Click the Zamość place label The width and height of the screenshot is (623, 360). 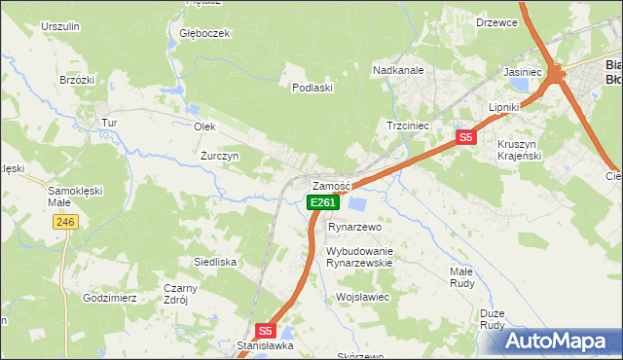329,186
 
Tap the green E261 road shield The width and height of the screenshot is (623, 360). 323,202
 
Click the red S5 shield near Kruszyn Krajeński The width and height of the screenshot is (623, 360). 466,137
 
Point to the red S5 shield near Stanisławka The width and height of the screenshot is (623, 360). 267,331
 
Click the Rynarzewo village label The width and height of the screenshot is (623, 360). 352,226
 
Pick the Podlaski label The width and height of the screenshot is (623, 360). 313,88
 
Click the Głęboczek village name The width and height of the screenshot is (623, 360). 204,33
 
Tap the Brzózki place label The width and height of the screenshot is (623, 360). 76,80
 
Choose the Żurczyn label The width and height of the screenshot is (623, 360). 220,156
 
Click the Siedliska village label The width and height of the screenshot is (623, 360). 215,262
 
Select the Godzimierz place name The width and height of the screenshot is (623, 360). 110,298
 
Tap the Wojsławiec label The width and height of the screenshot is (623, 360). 362,297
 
